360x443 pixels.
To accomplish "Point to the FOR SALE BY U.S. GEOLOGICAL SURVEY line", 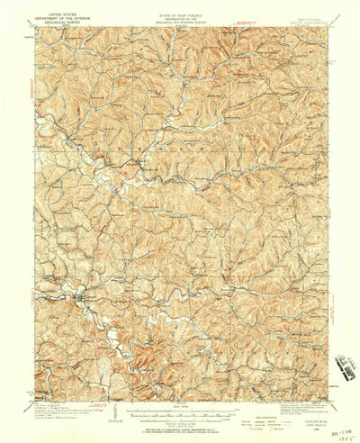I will pos(180,427).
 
